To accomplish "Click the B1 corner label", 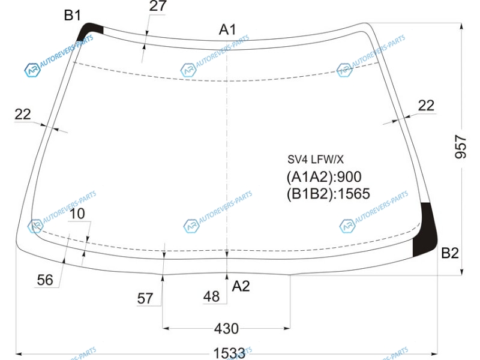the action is (73, 15).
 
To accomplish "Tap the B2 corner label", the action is (449, 253).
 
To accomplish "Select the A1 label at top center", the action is (228, 29).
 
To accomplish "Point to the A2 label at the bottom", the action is (241, 286).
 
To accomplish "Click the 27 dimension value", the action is (158, 6).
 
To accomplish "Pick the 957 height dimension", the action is (461, 147).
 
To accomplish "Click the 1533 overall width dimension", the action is (229, 353).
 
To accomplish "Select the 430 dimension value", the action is (227, 329).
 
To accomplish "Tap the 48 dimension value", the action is (211, 296).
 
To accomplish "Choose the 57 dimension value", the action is (145, 298).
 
